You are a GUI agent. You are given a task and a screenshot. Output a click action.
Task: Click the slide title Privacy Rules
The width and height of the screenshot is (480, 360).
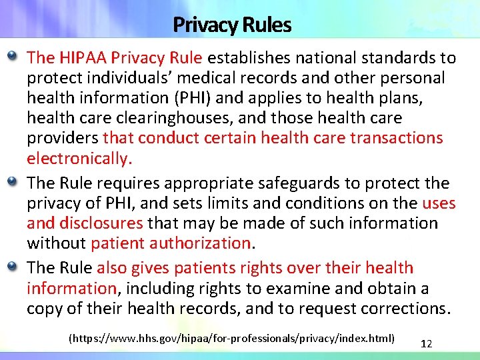coord(232,25)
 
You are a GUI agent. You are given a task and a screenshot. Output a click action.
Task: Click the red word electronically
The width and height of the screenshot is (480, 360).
coord(79,159)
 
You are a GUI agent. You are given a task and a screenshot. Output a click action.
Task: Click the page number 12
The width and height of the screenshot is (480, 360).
coord(427,344)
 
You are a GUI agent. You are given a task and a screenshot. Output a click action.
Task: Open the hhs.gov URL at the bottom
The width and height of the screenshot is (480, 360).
coord(232,339)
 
